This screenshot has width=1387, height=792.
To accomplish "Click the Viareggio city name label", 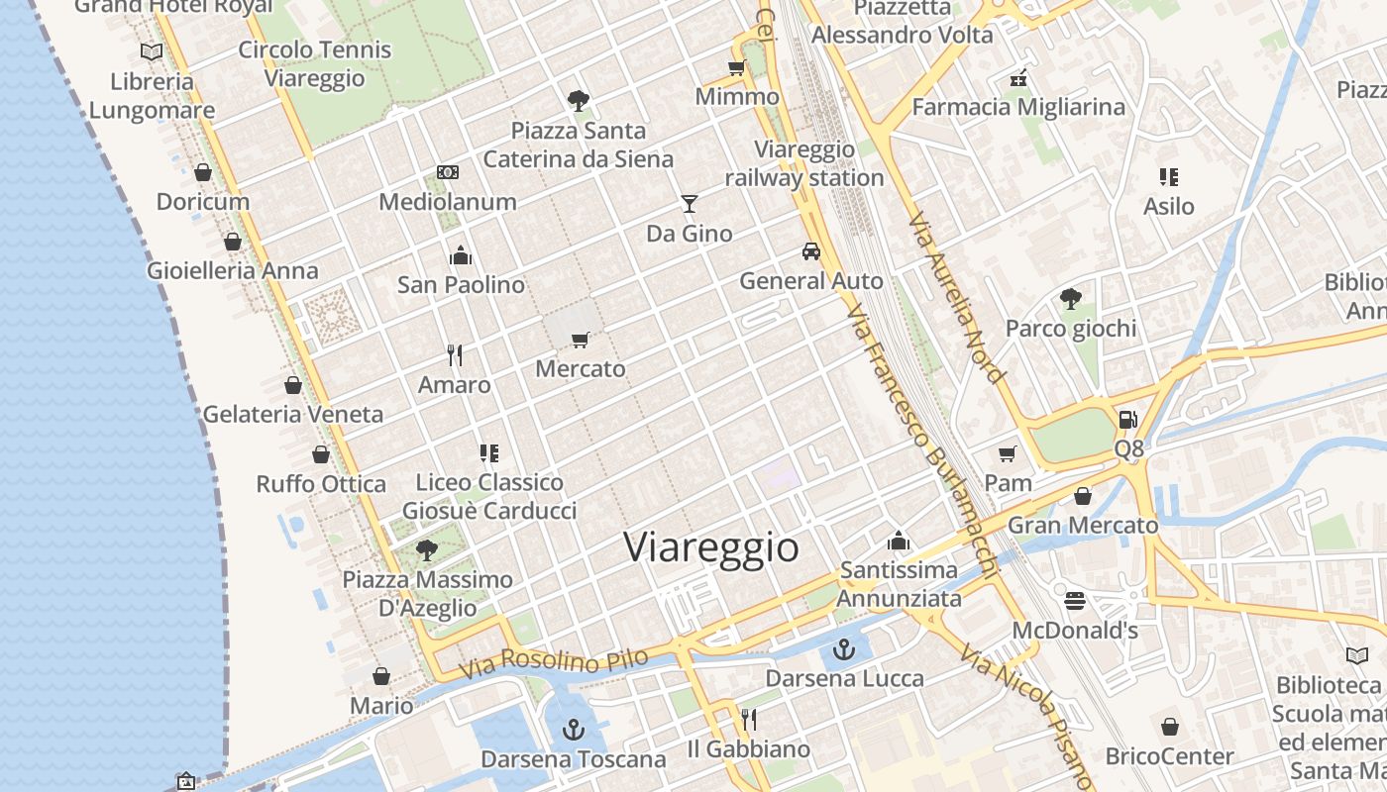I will (x=711, y=547).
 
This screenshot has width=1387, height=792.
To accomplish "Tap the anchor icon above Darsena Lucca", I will (x=844, y=649).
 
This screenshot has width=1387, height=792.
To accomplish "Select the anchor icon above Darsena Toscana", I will (x=574, y=731).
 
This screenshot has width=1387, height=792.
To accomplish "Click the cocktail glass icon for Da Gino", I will (x=690, y=204).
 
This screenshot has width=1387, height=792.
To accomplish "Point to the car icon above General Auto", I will (x=811, y=251).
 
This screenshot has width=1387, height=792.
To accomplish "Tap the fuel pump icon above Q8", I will (x=1127, y=419).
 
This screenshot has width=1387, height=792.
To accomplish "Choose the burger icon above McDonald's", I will (x=1075, y=601).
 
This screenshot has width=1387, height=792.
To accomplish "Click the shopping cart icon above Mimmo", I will (x=736, y=67).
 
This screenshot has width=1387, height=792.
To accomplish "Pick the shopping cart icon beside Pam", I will (x=1008, y=453).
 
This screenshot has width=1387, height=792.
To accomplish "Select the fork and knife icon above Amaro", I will (x=455, y=354).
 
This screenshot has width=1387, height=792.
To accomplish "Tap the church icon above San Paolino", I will (x=461, y=255).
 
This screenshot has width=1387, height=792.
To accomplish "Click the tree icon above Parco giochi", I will (x=1070, y=298).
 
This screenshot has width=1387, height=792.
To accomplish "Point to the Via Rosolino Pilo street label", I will (x=554, y=662).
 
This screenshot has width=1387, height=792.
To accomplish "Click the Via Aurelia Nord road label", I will (x=957, y=296).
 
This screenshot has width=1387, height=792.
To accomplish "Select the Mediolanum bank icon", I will (x=448, y=172).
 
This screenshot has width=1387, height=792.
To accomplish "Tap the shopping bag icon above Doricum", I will (x=203, y=172).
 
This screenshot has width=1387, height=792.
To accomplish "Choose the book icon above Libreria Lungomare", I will (x=152, y=51).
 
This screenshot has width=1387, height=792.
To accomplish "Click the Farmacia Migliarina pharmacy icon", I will (x=1017, y=77).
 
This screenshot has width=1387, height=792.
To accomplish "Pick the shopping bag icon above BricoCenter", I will (x=1170, y=727).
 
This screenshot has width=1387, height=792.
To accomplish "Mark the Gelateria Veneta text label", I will (x=292, y=414).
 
